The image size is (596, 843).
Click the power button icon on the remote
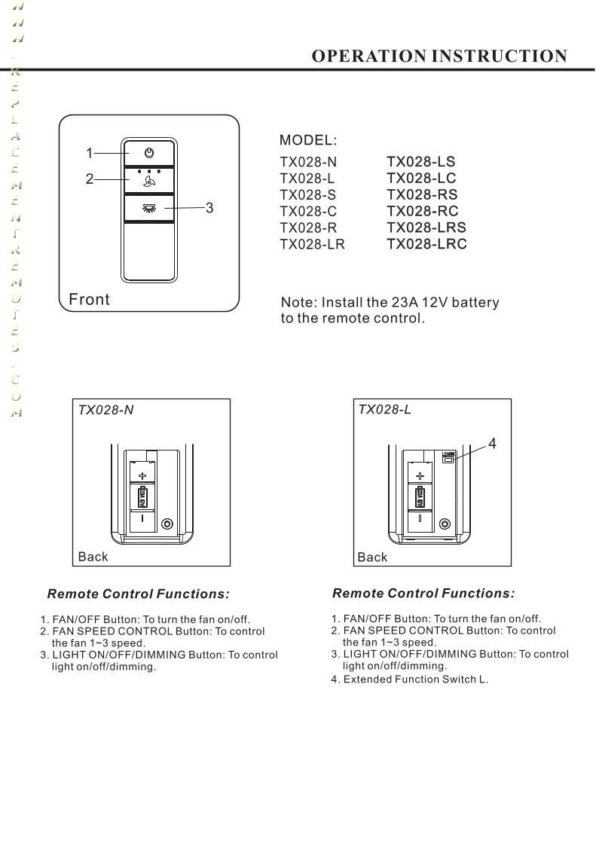(149, 153)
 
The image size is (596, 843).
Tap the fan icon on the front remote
(149, 181)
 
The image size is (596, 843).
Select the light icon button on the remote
(149, 208)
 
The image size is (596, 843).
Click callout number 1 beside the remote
(89, 154)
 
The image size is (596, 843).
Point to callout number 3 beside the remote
(209, 208)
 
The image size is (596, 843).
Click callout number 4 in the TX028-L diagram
(492, 444)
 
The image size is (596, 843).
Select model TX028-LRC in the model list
(426, 244)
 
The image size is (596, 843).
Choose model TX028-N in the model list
(308, 162)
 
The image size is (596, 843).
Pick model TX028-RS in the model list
(422, 194)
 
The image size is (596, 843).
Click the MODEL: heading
(308, 140)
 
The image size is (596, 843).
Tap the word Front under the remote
(89, 300)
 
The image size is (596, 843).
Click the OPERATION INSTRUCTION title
(439, 57)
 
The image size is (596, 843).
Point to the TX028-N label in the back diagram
(106, 410)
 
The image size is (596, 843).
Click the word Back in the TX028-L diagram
(372, 557)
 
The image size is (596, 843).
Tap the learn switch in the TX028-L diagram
(448, 458)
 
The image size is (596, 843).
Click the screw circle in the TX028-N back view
(167, 524)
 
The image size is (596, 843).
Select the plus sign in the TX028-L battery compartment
(420, 476)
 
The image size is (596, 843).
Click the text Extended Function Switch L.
(415, 680)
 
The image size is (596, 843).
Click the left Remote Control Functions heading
(138, 594)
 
